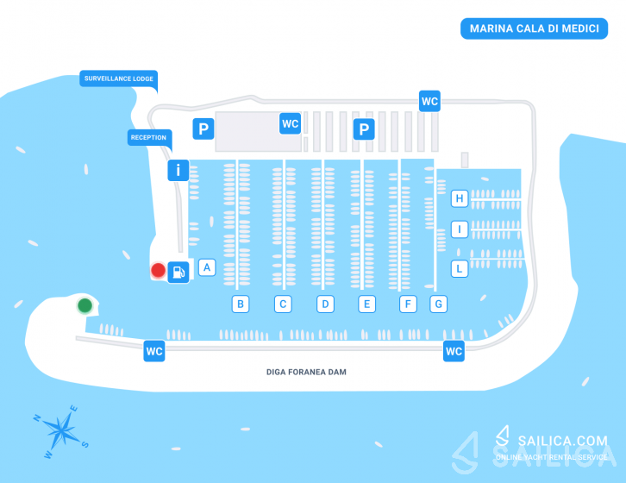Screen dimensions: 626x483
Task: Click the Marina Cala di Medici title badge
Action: tap(534, 28)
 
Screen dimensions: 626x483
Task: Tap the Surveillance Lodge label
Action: tap(119, 78)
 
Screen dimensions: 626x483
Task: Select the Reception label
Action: tap(149, 137)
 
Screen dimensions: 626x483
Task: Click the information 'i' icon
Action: tap(178, 170)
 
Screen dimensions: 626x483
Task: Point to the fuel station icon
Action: tap(178, 273)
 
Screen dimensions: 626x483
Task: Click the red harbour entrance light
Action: tap(158, 270)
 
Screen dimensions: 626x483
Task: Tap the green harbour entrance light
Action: tap(85, 305)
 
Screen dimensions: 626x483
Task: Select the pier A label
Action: tap(207, 267)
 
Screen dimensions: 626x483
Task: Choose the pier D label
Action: tap(325, 304)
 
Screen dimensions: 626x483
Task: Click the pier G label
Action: tap(438, 304)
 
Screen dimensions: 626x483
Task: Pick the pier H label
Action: tap(460, 198)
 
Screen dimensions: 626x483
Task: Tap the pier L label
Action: tap(460, 269)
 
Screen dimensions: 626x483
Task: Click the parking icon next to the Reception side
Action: tap(203, 129)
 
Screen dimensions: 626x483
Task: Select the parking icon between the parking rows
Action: tap(364, 129)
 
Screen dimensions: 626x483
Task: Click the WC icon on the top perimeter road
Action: tap(429, 101)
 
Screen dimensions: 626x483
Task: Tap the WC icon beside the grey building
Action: tap(291, 123)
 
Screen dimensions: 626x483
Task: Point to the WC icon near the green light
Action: tap(154, 351)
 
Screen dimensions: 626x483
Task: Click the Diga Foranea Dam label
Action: tap(306, 372)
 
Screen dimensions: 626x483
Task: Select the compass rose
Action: tap(60, 431)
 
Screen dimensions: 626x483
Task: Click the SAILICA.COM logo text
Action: tap(562, 441)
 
